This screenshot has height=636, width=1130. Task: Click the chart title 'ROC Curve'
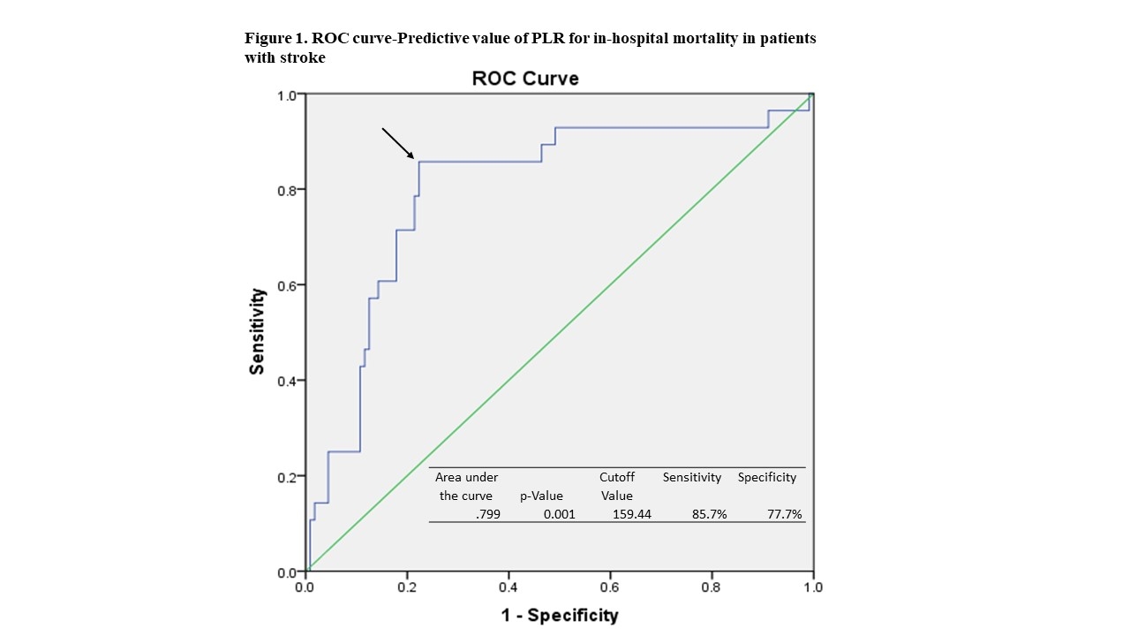tap(525, 79)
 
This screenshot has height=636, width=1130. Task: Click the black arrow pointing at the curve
tap(398, 143)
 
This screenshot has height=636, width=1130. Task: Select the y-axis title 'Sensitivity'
tap(257, 331)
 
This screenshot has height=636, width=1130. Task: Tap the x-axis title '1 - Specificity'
tap(560, 615)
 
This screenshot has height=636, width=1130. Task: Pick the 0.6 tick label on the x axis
tap(610, 587)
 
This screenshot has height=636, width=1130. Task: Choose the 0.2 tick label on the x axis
tap(406, 587)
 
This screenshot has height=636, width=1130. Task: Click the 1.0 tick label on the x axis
tap(813, 587)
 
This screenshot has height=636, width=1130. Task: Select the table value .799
tap(486, 514)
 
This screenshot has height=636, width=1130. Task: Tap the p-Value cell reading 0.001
tap(558, 514)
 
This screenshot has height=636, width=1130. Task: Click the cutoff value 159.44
tap(631, 514)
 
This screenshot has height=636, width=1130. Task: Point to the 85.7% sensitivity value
tap(710, 514)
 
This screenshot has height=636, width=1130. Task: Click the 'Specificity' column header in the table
tap(767, 477)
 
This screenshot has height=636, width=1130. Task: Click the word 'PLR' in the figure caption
tap(549, 39)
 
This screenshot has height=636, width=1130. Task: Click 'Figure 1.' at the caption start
tap(275, 39)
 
